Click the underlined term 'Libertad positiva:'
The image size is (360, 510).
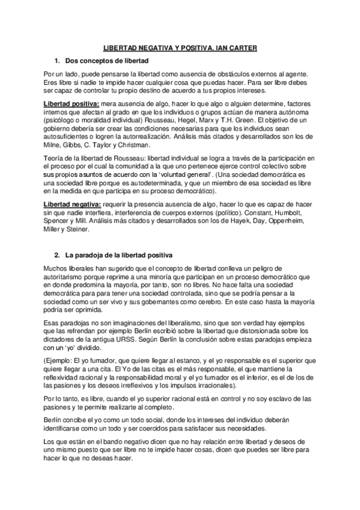pyautogui.click(x=72, y=103)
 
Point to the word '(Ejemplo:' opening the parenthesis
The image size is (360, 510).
pyautogui.click(x=60, y=360)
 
